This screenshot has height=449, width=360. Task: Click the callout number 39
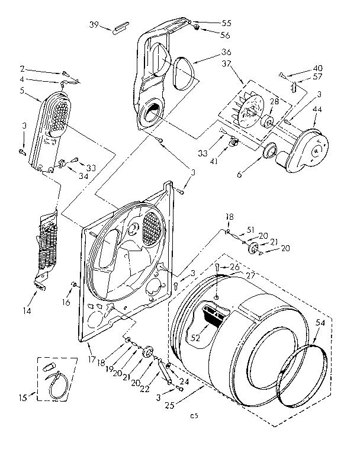click(x=94, y=24)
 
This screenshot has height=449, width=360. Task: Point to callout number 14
click(x=27, y=309)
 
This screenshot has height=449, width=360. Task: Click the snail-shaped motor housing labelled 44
click(x=305, y=150)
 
